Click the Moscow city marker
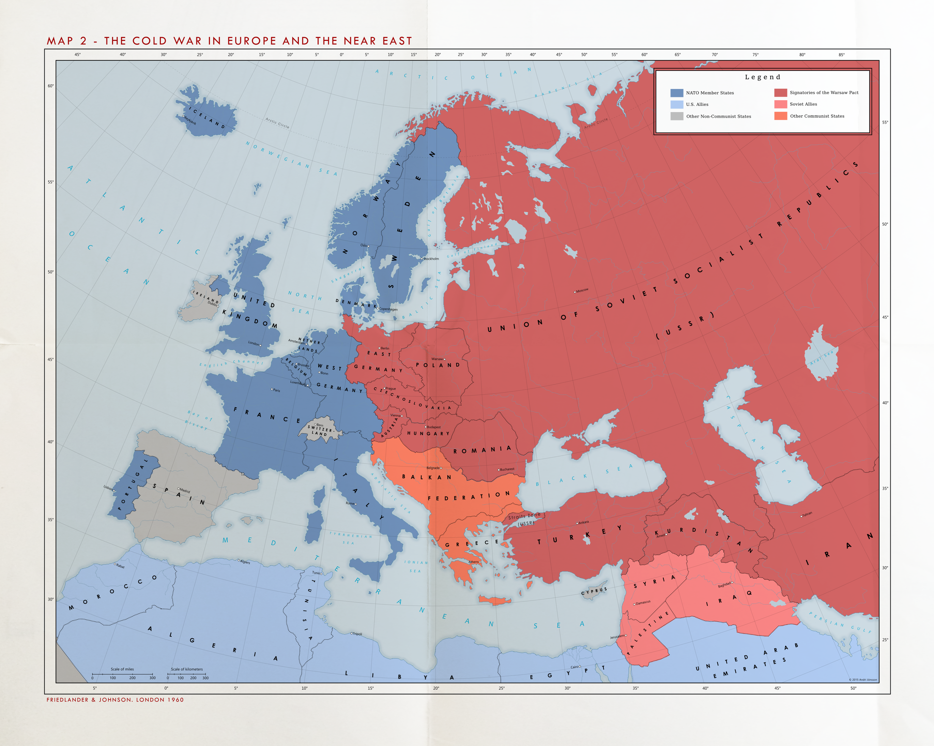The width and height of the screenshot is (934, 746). tap(575, 292)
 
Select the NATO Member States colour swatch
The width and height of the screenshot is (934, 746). tap(677, 93)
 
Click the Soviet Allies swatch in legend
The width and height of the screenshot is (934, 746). tap(781, 104)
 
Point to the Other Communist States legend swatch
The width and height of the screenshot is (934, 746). tap(781, 116)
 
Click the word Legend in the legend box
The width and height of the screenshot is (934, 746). tap(763, 77)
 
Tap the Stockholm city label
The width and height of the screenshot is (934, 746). tap(431, 259)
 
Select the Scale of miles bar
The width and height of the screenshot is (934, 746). tap(122, 674)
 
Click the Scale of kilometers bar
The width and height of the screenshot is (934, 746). tap(187, 674)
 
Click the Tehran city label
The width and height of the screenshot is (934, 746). tap(807, 514)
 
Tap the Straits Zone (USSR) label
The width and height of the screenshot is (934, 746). tap(525, 519)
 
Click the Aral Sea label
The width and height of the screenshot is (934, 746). tap(822, 358)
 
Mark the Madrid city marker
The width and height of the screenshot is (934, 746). tap(179, 489)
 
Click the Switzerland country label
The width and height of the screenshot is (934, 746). tap(320, 430)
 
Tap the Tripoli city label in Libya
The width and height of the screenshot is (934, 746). tap(357, 634)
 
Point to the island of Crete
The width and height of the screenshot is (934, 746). tap(495, 601)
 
